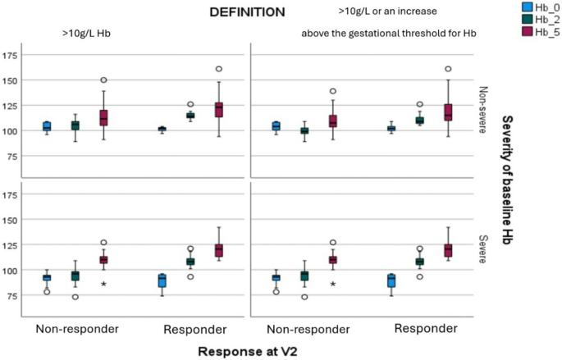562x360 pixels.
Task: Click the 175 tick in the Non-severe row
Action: pos(11,56)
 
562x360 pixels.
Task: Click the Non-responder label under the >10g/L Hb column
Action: pos(75,330)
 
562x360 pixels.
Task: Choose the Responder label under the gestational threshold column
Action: pos(425,330)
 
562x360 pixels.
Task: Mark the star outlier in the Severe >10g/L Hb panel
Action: pos(103,285)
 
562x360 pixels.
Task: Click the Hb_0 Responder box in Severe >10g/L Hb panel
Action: pos(162,280)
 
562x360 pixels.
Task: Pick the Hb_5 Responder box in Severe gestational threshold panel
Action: pos(447,250)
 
